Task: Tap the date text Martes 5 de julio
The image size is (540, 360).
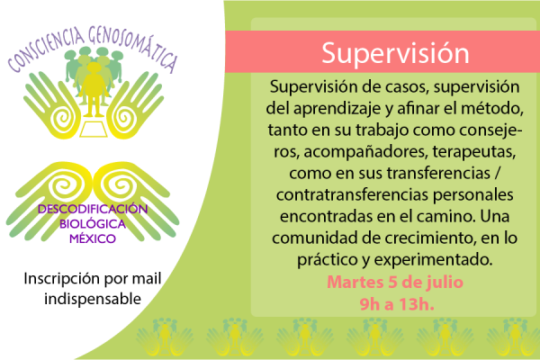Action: click(x=395, y=281)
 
